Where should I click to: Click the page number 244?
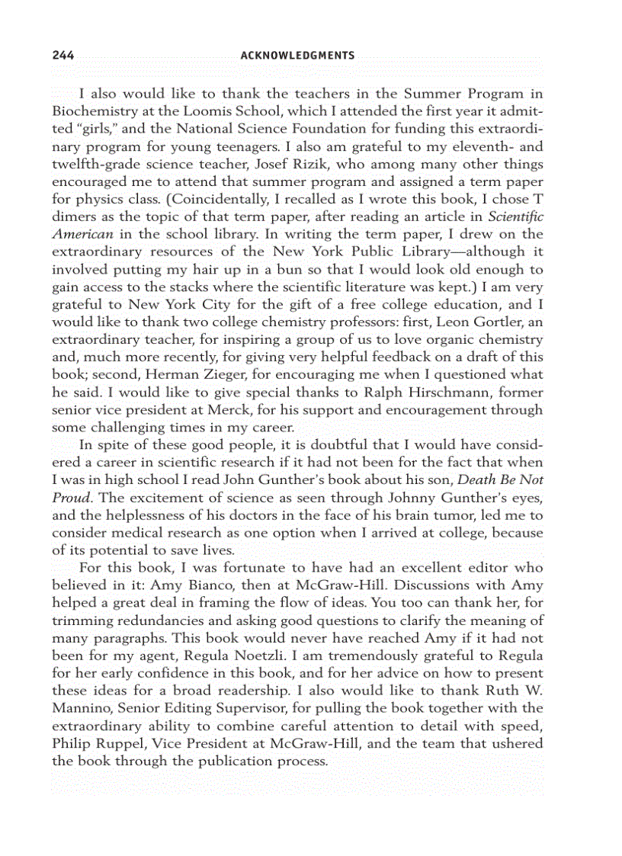(x=63, y=56)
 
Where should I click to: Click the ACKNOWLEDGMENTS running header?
(x=297, y=56)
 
